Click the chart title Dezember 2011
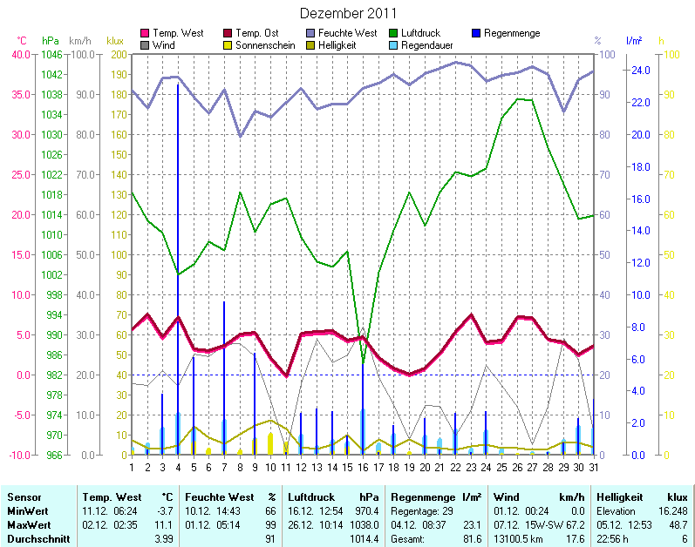[348, 13]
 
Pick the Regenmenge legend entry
[511, 33]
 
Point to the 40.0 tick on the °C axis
[20, 54]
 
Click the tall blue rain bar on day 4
[178, 261]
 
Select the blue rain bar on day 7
[224, 375]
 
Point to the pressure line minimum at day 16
[363, 361]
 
